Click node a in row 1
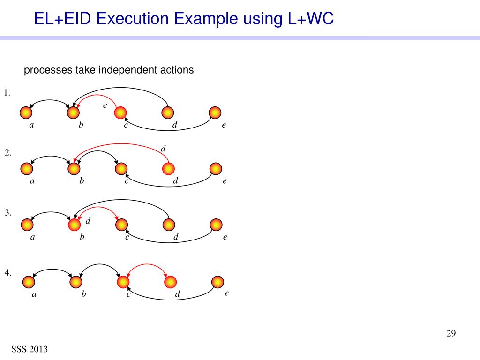tap(26, 112)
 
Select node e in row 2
tap(216, 168)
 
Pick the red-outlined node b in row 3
tap(74, 225)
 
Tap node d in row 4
tap(171, 282)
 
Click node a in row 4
tap(29, 282)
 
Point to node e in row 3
tap(216, 225)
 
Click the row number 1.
tap(7, 93)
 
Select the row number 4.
tap(8, 272)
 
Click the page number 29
tap(451, 334)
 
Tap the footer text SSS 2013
tap(30, 349)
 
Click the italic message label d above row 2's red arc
tap(164, 149)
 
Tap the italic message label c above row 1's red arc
tap(105, 105)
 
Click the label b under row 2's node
tap(81, 181)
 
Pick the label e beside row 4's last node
tap(226, 293)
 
